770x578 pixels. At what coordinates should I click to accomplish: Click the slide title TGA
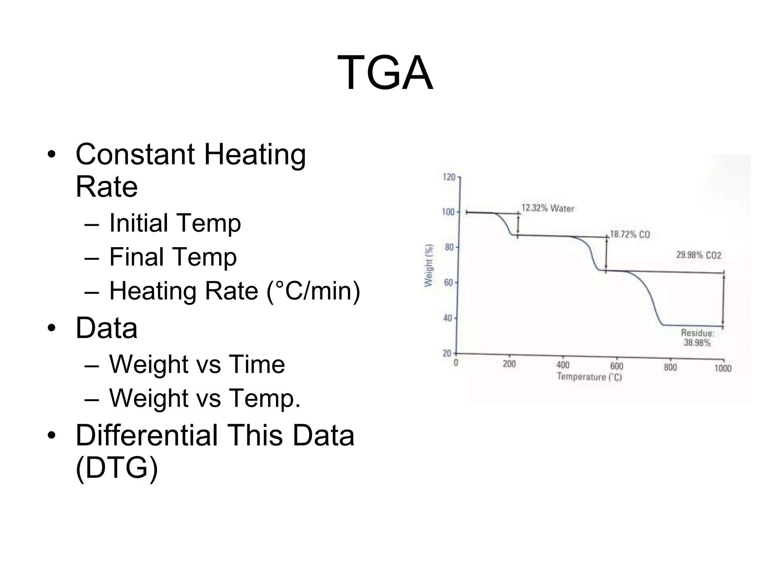click(385, 72)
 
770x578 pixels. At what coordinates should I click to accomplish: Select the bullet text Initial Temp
click(175, 223)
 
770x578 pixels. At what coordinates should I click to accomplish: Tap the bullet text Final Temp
click(173, 257)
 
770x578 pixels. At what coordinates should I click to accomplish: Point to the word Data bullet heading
click(106, 328)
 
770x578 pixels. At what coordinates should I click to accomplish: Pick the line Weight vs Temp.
click(205, 398)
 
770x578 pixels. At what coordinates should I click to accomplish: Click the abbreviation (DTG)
click(117, 468)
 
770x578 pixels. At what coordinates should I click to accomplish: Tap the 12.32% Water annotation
click(548, 208)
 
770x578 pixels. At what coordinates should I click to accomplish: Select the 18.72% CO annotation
click(630, 234)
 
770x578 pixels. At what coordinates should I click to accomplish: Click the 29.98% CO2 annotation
click(699, 255)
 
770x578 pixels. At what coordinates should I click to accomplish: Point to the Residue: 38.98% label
click(697, 338)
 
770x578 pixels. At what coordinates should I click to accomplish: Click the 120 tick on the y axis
click(449, 177)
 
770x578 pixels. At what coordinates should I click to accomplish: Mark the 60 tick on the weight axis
click(449, 283)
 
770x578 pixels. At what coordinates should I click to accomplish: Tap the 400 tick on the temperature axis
click(563, 365)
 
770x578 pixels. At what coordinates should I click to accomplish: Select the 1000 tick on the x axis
click(723, 368)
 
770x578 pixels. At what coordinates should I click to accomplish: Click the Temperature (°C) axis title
click(589, 377)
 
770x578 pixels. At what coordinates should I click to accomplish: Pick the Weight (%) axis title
click(429, 265)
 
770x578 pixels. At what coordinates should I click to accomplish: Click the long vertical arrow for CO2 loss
click(724, 299)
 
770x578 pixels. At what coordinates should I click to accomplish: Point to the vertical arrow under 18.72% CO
click(606, 254)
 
